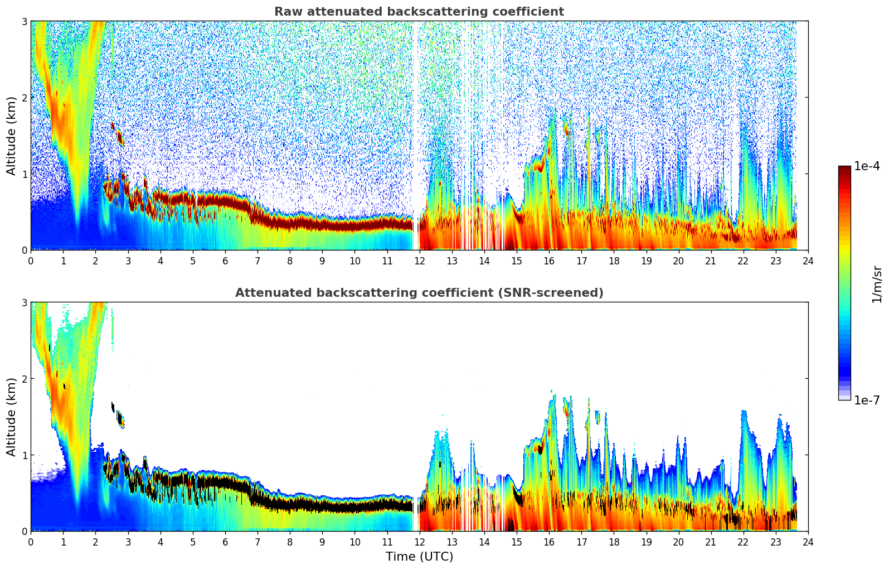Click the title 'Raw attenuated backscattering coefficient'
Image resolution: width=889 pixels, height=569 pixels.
pyautogui.click(x=419, y=12)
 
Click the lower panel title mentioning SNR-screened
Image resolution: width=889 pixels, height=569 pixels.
pyautogui.click(x=419, y=293)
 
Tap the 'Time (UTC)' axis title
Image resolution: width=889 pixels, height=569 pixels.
pyautogui.click(x=419, y=557)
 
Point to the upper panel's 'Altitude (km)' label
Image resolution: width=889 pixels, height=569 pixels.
pyautogui.click(x=11, y=136)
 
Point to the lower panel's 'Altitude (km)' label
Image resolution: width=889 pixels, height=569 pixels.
pyautogui.click(x=11, y=417)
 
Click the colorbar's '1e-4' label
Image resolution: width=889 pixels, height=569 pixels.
pyautogui.click(x=867, y=166)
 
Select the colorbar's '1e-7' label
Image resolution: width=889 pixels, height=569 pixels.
pyautogui.click(x=867, y=400)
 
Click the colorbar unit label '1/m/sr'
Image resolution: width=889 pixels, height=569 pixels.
pyautogui.click(x=877, y=283)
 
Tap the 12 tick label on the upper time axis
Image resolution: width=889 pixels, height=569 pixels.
pyautogui.click(x=419, y=261)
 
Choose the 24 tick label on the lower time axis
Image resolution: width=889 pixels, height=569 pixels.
pyautogui.click(x=808, y=542)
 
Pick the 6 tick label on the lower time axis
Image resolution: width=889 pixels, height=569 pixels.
pyautogui.click(x=225, y=542)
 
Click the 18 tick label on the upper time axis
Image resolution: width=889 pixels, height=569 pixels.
pyautogui.click(x=614, y=261)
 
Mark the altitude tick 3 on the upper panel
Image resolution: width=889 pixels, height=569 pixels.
pyautogui.click(x=25, y=21)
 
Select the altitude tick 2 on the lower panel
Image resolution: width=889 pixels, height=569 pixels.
pyautogui.click(x=25, y=379)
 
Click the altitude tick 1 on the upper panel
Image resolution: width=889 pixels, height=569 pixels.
pyautogui.click(x=25, y=174)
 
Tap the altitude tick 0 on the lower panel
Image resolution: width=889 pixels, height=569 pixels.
pyautogui.click(x=25, y=532)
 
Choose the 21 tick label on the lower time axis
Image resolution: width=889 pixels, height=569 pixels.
pyautogui.click(x=711, y=542)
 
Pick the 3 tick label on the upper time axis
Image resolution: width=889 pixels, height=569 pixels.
pyautogui.click(x=128, y=261)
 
